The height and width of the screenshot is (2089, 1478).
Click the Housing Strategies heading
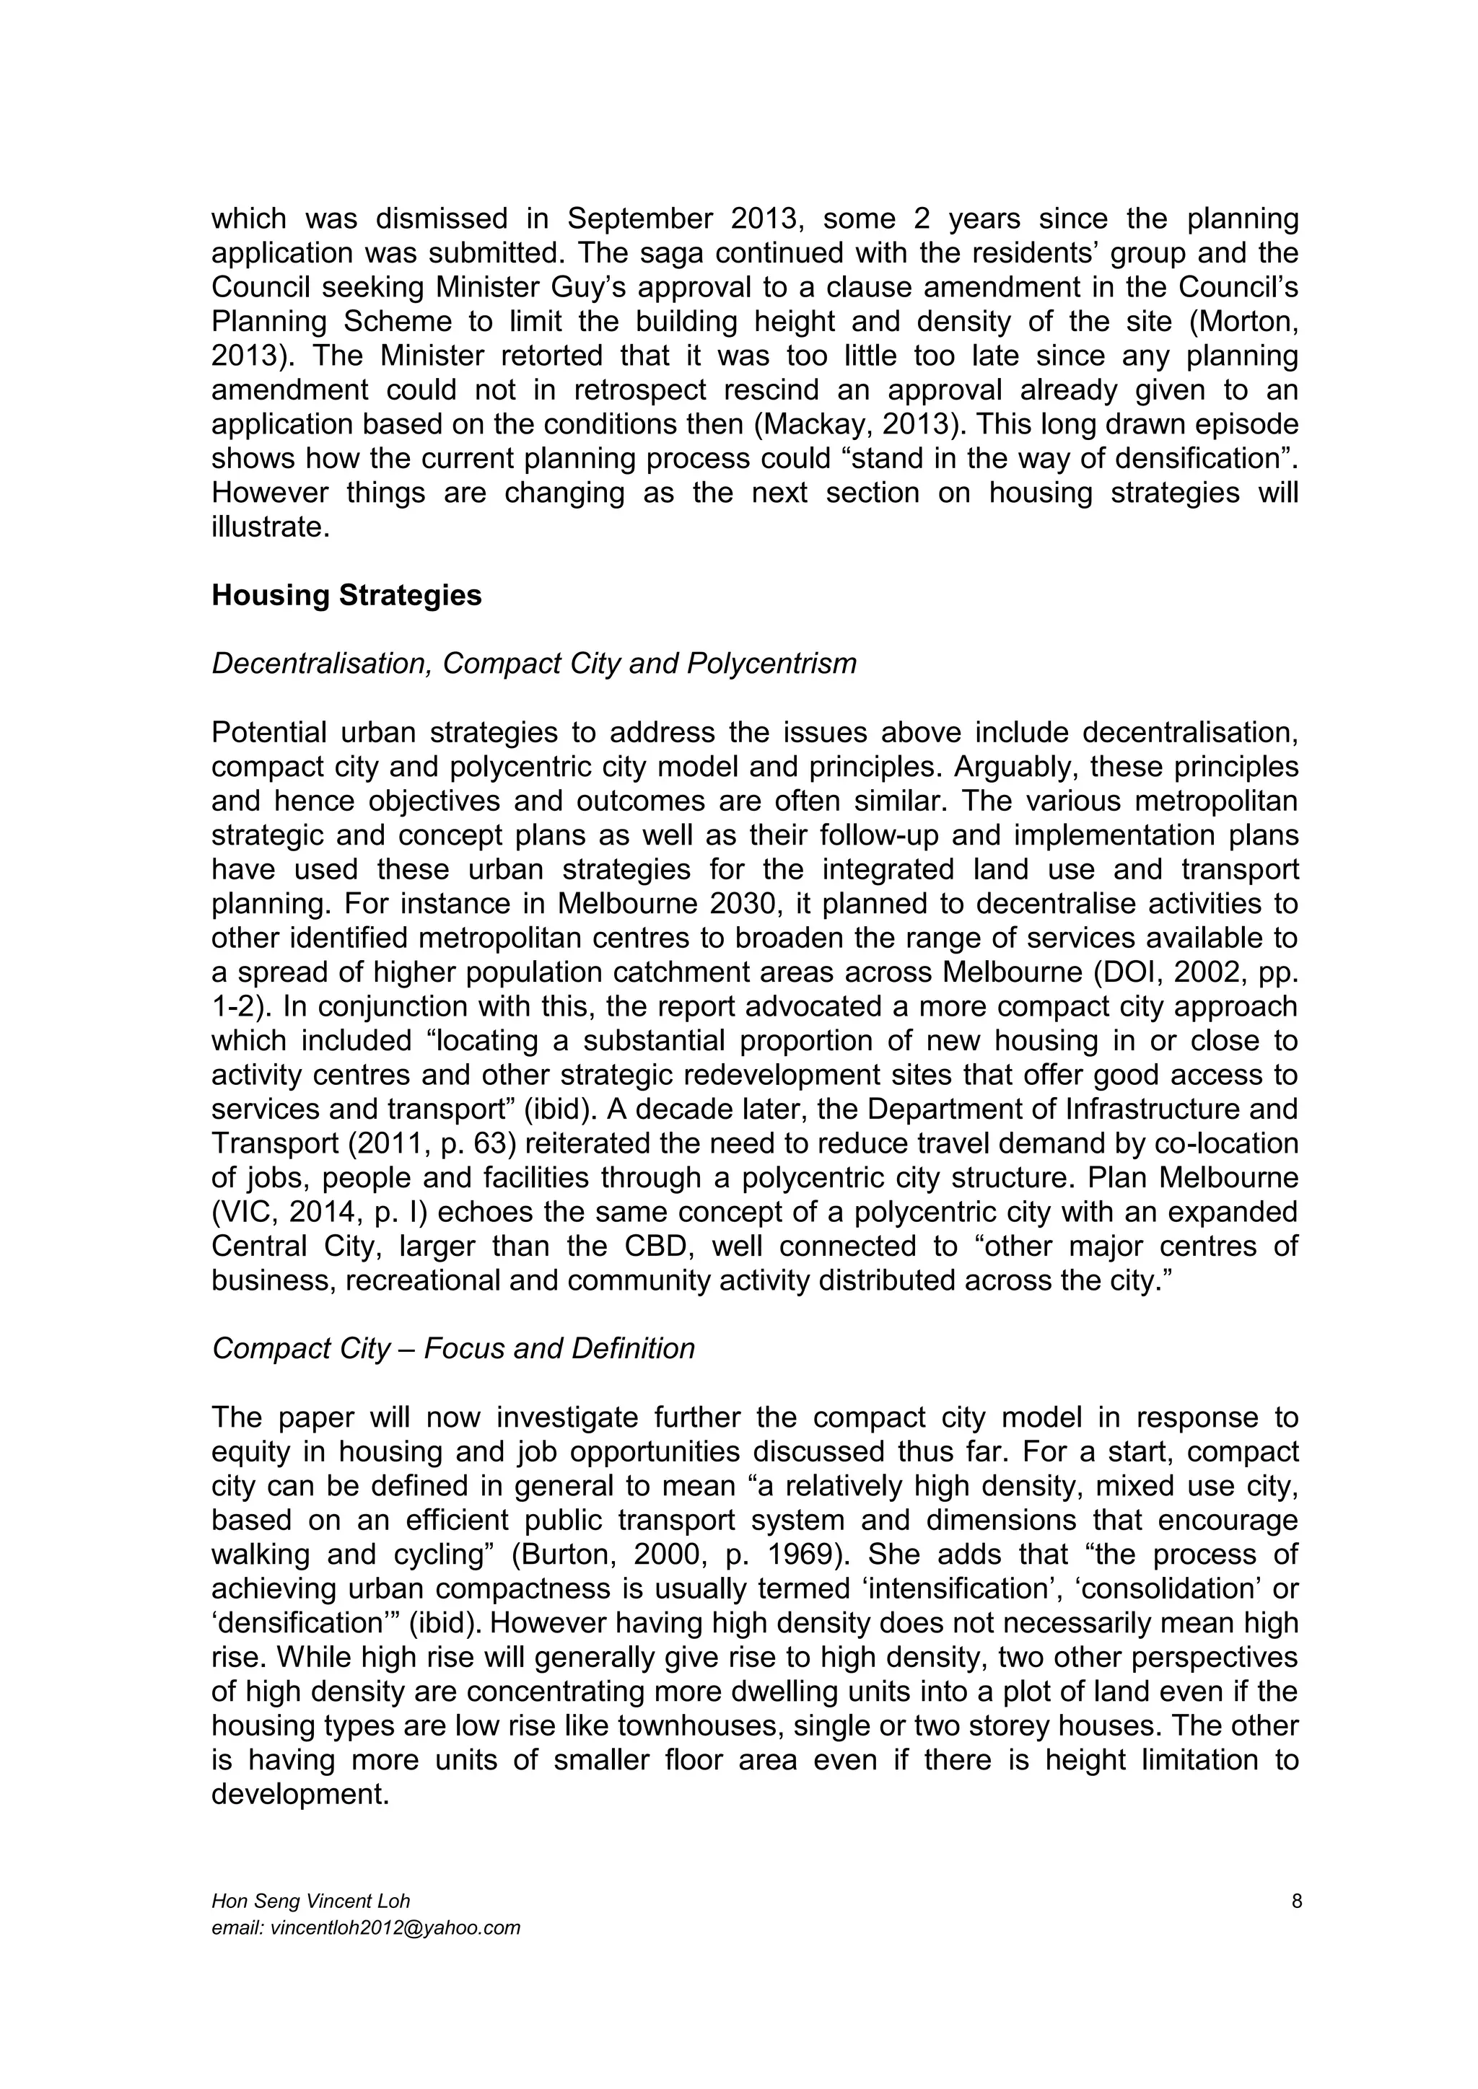(346, 596)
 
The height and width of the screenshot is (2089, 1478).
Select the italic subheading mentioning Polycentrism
(533, 664)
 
